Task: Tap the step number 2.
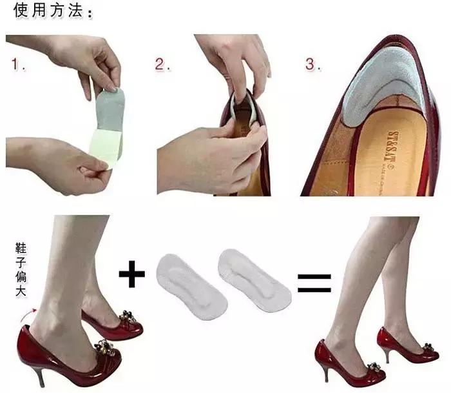[163, 65]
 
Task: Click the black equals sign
[314, 282]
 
